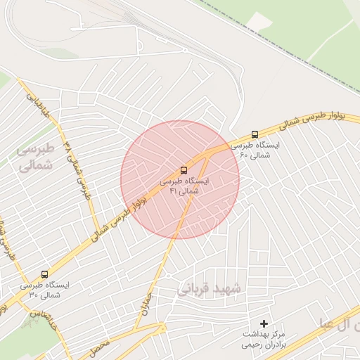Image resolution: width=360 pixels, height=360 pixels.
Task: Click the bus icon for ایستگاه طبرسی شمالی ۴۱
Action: pyautogui.click(x=184, y=169)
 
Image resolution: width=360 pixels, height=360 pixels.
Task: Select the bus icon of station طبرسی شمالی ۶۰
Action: pyautogui.click(x=255, y=134)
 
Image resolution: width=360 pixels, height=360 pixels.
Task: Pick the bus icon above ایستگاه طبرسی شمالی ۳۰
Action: pyautogui.click(x=45, y=274)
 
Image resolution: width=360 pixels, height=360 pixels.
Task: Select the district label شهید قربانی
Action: pyautogui.click(x=209, y=289)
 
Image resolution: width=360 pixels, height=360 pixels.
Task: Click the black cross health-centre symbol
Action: pyautogui.click(x=264, y=323)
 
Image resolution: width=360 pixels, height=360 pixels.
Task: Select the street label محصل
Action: pyautogui.click(x=100, y=347)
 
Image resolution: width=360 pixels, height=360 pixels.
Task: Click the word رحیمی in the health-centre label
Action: pyautogui.click(x=250, y=345)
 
